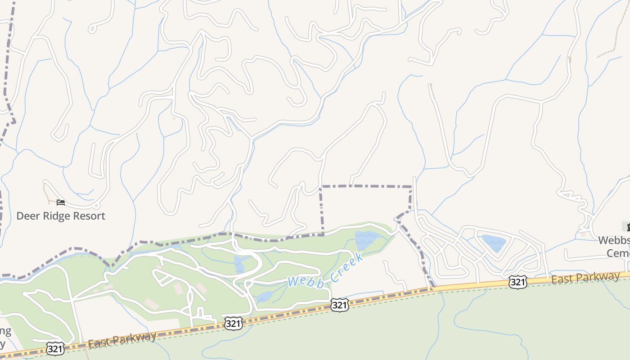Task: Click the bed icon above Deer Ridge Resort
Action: click(61, 202)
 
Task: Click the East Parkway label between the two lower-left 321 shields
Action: click(122, 339)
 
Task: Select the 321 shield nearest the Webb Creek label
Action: click(339, 305)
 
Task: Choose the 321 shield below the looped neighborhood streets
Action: click(518, 282)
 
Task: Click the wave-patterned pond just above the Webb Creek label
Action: click(367, 240)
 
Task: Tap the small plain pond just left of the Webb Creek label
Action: click(265, 296)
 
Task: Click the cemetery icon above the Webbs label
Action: click(626, 226)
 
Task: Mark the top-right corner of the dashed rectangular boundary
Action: click(411, 186)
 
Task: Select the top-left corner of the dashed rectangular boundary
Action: click(321, 186)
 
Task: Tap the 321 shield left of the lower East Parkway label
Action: click(55, 348)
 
